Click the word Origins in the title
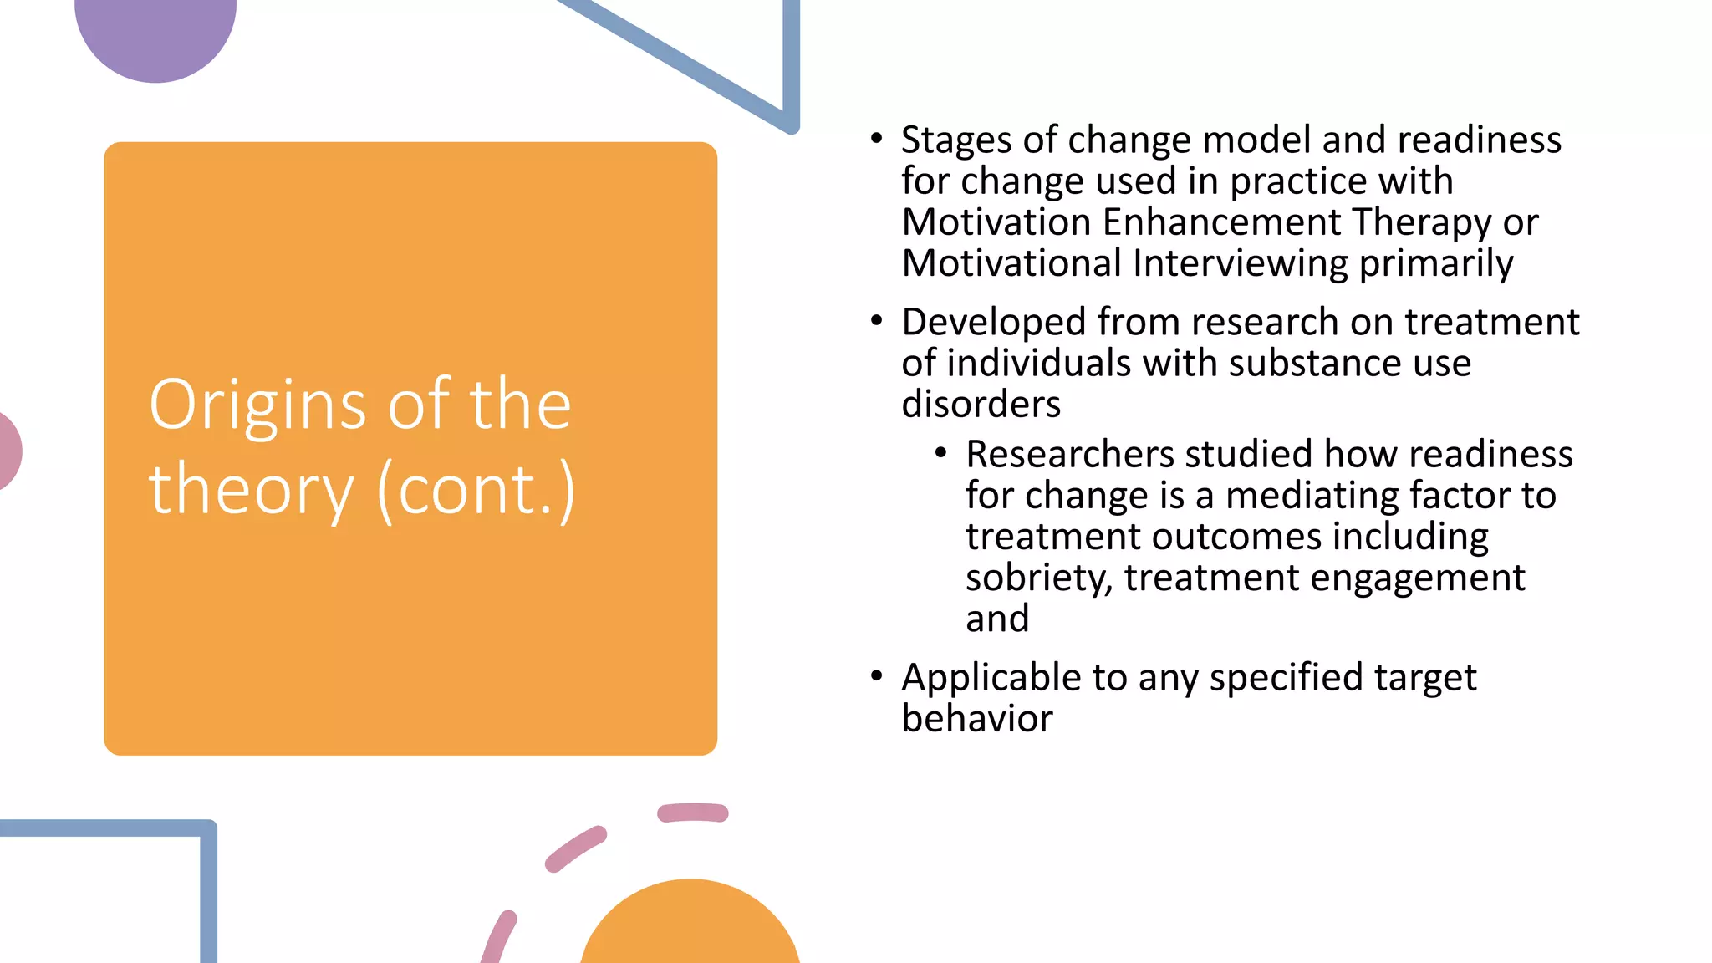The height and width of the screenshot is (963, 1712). coord(257,405)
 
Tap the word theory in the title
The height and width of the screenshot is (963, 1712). coord(251,492)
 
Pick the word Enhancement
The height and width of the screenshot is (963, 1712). coord(1222,222)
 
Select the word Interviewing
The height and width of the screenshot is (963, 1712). coord(1240,263)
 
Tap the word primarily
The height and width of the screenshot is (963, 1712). coord(1435,263)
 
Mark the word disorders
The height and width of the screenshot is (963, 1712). coord(981,405)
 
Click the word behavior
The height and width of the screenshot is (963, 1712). coord(977,719)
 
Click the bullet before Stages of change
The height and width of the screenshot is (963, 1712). coord(876,139)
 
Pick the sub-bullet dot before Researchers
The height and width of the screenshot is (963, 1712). coord(941,453)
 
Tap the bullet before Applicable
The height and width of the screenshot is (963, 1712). coord(876,675)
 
